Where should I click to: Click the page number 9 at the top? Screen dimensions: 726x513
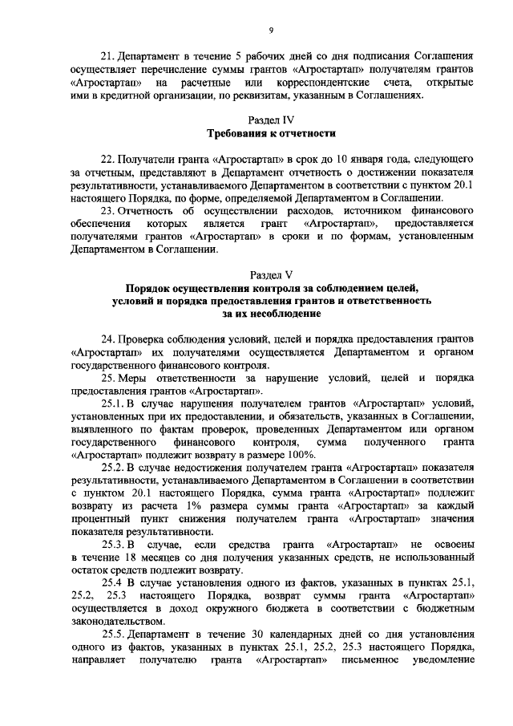(x=272, y=30)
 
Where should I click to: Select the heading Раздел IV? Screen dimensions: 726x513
(x=272, y=118)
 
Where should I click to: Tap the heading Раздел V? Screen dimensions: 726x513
(x=272, y=273)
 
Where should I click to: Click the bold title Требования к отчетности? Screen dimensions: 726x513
(x=272, y=132)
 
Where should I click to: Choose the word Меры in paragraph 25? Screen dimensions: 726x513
(x=135, y=376)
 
